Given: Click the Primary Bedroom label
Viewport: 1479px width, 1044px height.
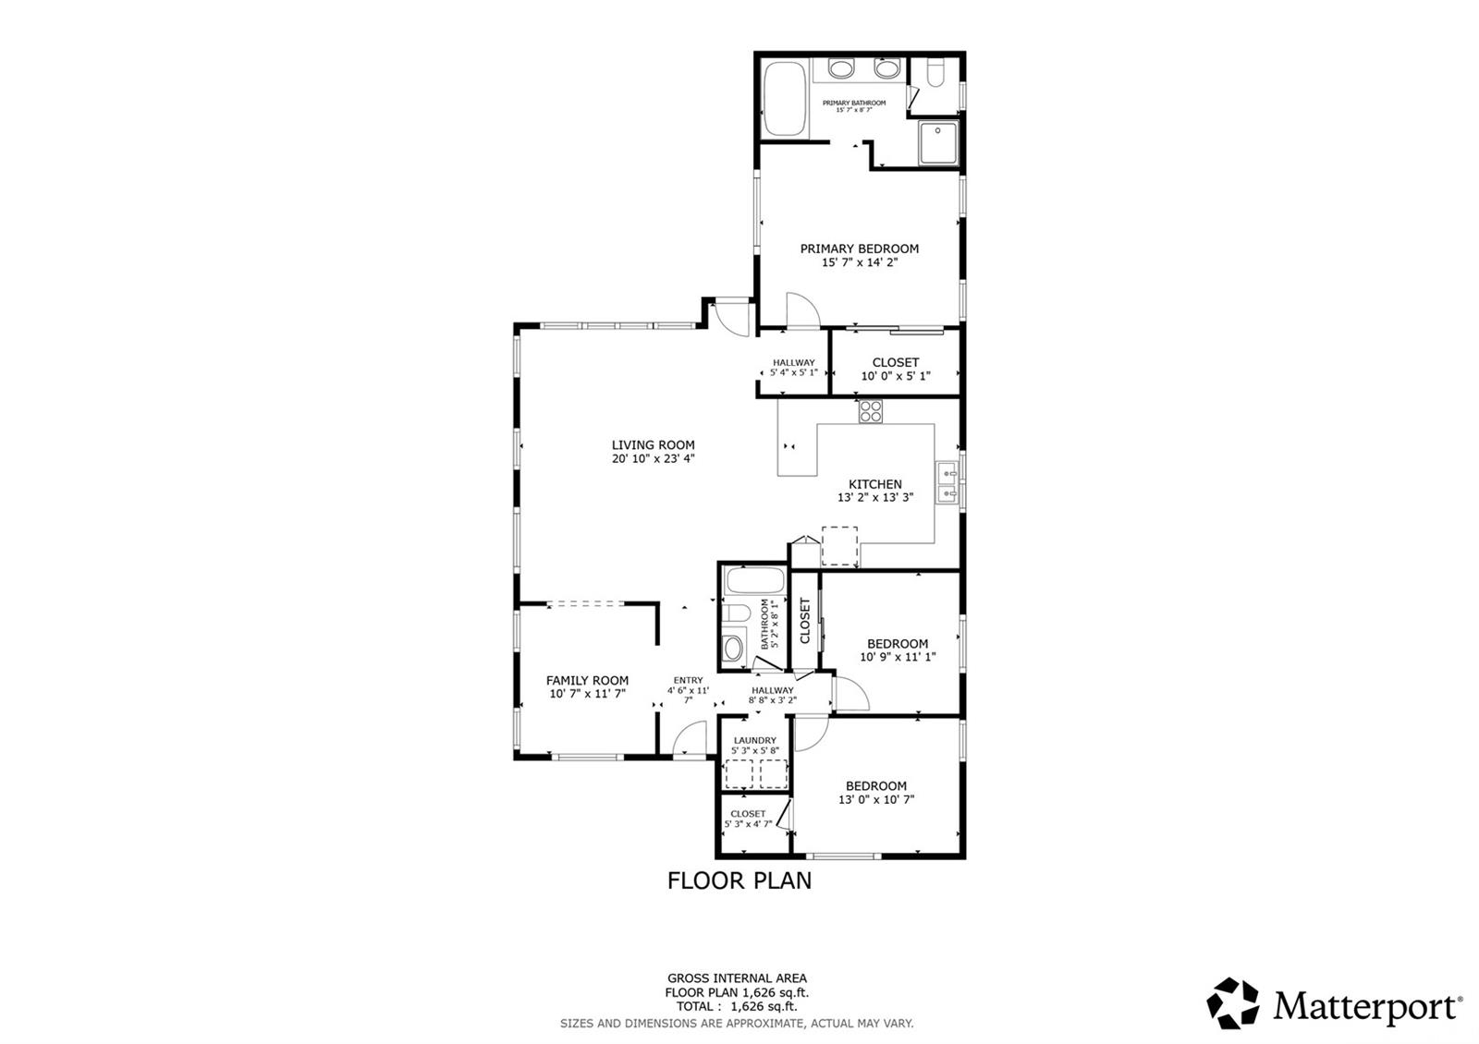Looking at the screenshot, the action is click(859, 249).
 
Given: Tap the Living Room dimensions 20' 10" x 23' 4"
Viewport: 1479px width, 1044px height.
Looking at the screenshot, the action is click(653, 458).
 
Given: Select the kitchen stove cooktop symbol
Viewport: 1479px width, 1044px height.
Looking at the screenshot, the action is click(870, 411).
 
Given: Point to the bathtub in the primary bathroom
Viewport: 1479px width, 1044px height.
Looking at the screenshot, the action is click(785, 99).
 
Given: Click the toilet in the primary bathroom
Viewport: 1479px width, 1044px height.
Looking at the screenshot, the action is click(936, 74).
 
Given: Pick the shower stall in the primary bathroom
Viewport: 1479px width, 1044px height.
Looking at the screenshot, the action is click(938, 142).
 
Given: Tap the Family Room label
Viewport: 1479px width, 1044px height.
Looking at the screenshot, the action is click(587, 680).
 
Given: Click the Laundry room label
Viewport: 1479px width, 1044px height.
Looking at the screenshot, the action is click(754, 740).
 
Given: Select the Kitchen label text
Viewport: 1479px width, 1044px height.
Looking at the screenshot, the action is click(874, 484).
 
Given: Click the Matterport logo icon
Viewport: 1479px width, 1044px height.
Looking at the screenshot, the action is click(1233, 1003).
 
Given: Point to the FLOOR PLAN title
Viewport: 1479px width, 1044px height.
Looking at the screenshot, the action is click(739, 880).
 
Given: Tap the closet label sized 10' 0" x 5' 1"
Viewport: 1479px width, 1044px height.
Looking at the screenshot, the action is click(896, 362).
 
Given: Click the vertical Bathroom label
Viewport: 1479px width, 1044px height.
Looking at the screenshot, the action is click(765, 625).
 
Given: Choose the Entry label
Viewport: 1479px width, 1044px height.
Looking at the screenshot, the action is click(688, 680).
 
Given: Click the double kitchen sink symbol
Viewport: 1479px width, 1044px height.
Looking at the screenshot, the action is click(947, 482).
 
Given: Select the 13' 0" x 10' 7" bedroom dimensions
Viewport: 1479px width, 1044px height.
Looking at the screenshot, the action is click(876, 799).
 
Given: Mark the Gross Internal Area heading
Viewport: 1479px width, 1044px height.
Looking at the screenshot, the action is click(737, 978).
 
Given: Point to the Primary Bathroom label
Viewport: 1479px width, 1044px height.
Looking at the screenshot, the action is click(854, 103).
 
